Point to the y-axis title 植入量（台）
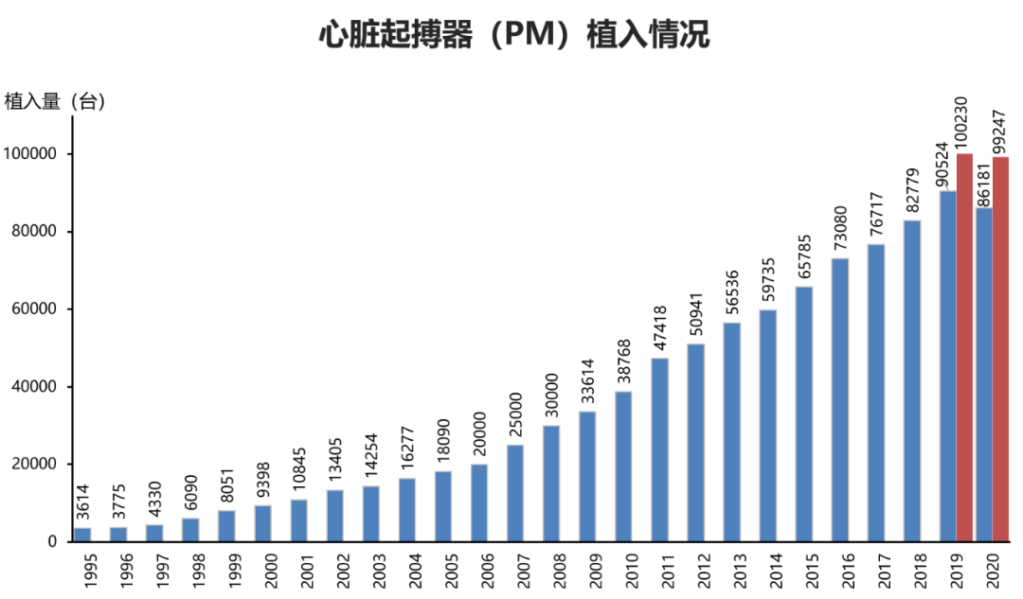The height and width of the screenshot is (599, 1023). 55,101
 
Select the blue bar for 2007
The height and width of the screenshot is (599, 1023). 515,493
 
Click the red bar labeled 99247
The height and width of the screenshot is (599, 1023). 1001,349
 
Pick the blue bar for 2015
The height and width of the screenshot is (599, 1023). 804,414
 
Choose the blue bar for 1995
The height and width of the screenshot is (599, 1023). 83,535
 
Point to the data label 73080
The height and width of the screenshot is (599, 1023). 840,227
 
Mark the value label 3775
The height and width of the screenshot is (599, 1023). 119,505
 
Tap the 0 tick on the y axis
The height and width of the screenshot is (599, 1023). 55,541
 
